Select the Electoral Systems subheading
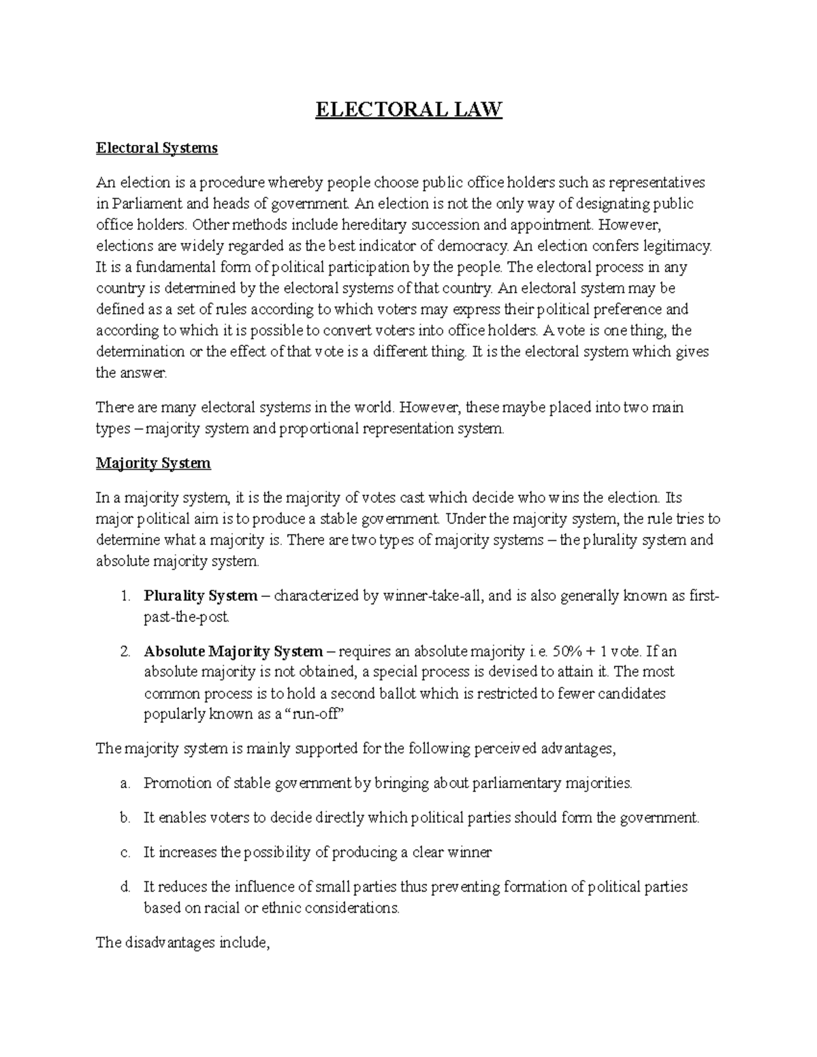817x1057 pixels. tap(157, 148)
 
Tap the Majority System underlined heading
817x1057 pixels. tap(153, 464)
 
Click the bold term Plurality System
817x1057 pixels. tap(200, 596)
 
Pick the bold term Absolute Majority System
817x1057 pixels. tap(233, 651)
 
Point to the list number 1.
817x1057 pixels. tap(124, 596)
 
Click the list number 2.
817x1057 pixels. tap(124, 651)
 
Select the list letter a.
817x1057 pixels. tap(124, 783)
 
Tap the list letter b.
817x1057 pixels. tap(124, 818)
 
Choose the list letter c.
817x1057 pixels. tap(124, 852)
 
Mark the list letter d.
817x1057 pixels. tap(124, 887)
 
